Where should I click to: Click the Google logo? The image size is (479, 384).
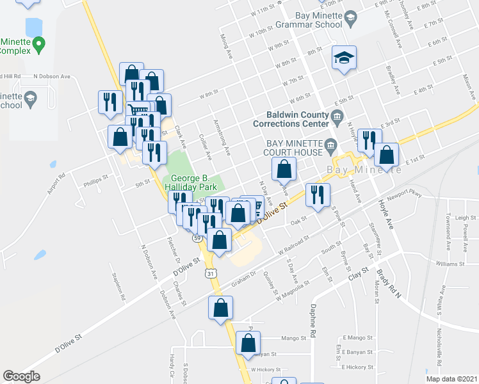[21, 376]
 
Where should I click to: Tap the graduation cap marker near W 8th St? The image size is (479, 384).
[344, 59]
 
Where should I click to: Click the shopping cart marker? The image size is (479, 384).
[138, 113]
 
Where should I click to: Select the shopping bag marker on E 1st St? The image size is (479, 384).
[387, 154]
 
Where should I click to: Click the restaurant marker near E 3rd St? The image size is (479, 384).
[369, 140]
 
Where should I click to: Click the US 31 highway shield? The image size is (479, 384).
[211, 273]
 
